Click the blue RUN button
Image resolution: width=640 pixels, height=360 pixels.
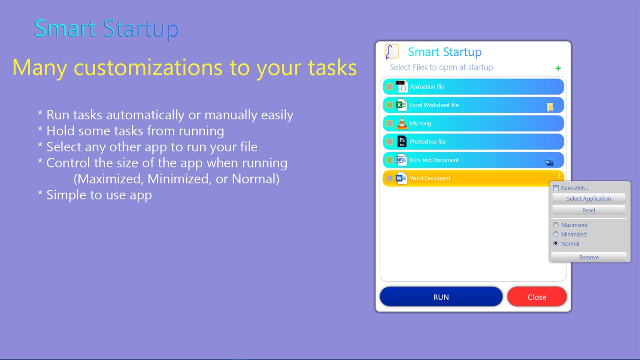pyautogui.click(x=441, y=297)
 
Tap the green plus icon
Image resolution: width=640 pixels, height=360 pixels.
pyautogui.click(x=558, y=68)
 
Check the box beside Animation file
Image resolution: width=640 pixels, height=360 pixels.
pyautogui.click(x=390, y=86)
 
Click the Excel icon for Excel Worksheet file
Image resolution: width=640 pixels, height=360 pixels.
pyautogui.click(x=401, y=105)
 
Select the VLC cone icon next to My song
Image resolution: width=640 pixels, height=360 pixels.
pyautogui.click(x=401, y=123)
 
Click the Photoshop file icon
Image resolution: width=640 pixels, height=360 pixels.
pyautogui.click(x=401, y=141)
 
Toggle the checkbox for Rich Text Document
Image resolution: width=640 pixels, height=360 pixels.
pyautogui.click(x=390, y=160)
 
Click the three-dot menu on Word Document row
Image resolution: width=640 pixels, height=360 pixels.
pyautogui.click(x=559, y=176)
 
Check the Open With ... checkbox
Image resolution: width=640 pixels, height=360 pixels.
pyautogui.click(x=556, y=188)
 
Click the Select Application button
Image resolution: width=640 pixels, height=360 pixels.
pyautogui.click(x=589, y=199)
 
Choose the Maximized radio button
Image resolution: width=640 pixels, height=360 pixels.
pyautogui.click(x=556, y=225)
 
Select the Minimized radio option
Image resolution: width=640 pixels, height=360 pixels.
pyautogui.click(x=556, y=234)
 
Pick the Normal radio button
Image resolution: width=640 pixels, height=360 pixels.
pyautogui.click(x=556, y=243)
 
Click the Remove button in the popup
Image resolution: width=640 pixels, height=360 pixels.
pyautogui.click(x=589, y=257)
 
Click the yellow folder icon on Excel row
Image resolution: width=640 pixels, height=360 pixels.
pyautogui.click(x=550, y=107)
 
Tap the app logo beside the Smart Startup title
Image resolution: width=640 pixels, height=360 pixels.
pyautogui.click(x=392, y=52)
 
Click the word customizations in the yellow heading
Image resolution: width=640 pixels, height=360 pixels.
pyautogui.click(x=148, y=68)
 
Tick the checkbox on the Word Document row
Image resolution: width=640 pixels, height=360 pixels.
pyautogui.click(x=390, y=178)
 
